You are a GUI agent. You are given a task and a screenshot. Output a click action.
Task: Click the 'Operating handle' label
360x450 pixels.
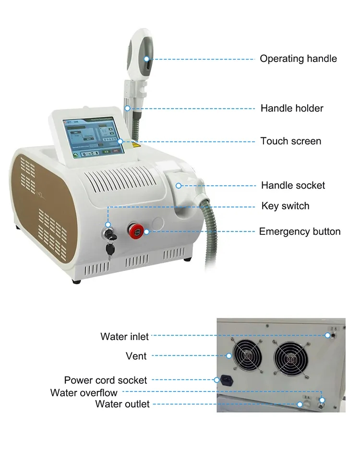tap(298, 59)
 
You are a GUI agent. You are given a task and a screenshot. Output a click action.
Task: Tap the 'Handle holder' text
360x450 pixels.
tap(292, 109)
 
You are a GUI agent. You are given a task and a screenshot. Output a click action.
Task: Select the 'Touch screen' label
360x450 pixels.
tap(290, 141)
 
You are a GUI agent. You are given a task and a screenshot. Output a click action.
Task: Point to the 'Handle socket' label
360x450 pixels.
tap(293, 185)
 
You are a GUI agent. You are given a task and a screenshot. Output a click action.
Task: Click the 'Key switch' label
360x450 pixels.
tap(285, 206)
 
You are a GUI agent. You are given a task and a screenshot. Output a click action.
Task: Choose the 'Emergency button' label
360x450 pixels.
tap(300, 232)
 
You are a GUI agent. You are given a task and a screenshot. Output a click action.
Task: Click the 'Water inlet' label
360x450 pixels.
tap(124, 336)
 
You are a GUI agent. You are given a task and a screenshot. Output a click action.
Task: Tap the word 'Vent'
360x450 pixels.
tap(136, 356)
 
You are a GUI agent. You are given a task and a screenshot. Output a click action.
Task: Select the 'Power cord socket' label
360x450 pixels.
tap(106, 380)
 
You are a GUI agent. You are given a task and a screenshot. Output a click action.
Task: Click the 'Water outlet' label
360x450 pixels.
tap(122, 404)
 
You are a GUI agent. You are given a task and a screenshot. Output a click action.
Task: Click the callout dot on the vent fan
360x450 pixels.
tap(229, 356)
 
